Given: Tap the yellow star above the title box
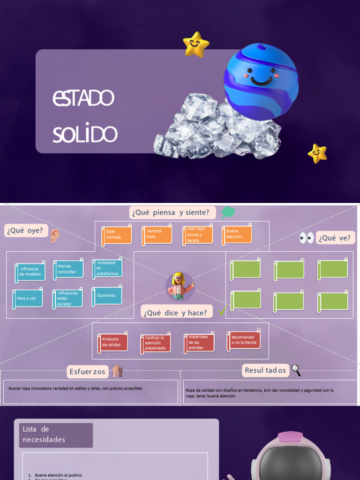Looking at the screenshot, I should point(196,45).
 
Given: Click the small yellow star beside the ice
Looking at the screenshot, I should point(317,153).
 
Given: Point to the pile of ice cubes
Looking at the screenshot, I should point(216,129).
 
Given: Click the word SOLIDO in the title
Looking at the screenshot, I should point(85,135).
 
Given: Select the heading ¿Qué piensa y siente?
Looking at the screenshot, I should point(171,212).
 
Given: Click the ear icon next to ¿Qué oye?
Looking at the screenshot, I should point(55,235).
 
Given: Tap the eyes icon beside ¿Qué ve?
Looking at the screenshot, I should point(307,238).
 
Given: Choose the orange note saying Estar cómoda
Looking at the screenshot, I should point(117,235).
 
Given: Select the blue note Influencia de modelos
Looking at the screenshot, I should point(30,272).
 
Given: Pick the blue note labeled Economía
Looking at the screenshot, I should point(107,296).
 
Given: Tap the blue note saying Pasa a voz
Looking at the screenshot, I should point(28,299).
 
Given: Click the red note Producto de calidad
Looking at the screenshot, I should point(112,343).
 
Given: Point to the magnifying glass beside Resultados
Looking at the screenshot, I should point(296,370).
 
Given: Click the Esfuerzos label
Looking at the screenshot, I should point(88,372).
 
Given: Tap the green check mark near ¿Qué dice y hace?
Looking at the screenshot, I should point(223,310).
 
